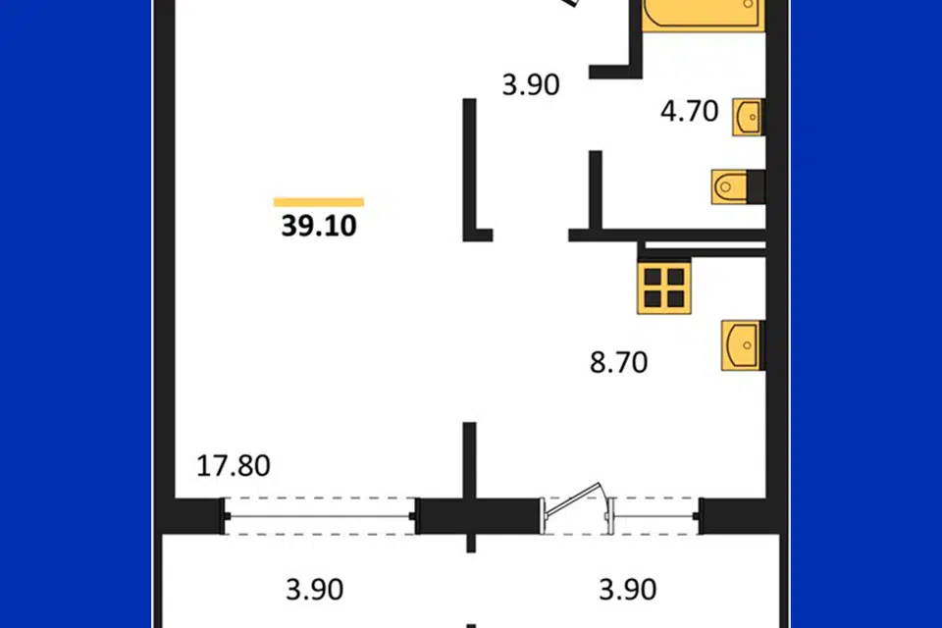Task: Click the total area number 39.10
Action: click(x=319, y=226)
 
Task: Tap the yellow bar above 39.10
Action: click(x=318, y=202)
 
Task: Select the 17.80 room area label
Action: click(x=234, y=466)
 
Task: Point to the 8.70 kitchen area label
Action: click(x=619, y=362)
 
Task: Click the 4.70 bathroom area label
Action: click(x=690, y=111)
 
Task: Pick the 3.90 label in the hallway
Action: click(x=531, y=84)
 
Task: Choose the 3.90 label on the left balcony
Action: click(x=315, y=590)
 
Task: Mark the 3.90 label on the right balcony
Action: click(x=628, y=590)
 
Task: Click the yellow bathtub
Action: click(x=704, y=13)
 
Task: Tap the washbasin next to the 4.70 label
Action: click(x=748, y=117)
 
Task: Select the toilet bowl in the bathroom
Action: click(x=729, y=186)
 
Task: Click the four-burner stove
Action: click(x=664, y=287)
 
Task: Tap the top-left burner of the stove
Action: click(x=653, y=276)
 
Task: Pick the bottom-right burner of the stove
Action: click(x=676, y=298)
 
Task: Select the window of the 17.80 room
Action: click(x=320, y=516)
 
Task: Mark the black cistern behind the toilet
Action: click(x=756, y=186)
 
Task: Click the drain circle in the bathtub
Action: click(x=749, y=4)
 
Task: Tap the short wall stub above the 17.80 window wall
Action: click(x=470, y=460)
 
